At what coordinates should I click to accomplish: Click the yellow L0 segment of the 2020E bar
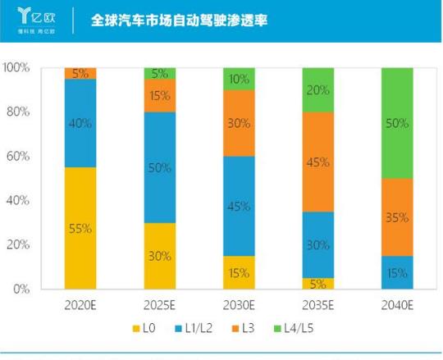tap(80, 228)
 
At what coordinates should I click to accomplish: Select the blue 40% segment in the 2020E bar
tap(80, 123)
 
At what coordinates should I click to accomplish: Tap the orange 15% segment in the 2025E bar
tap(160, 95)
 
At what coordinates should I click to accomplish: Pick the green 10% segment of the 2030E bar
tap(240, 79)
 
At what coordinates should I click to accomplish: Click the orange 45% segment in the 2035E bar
tap(319, 162)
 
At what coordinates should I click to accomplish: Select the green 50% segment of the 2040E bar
tap(398, 123)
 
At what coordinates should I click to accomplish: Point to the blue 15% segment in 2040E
tap(398, 272)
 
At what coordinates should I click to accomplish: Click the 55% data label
tap(81, 229)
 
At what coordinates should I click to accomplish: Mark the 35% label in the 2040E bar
tap(399, 217)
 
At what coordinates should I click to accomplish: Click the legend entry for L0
tap(142, 330)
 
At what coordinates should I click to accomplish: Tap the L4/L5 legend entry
tap(298, 330)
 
